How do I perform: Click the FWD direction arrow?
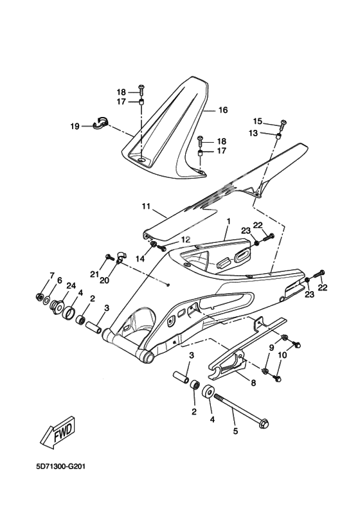[59, 432]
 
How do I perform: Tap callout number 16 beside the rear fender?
[222, 110]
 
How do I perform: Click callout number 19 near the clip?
[75, 126]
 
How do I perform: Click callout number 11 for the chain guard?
[146, 206]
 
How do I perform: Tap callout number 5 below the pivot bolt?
[235, 431]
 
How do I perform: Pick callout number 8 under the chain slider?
[253, 383]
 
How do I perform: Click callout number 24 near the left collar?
[71, 285]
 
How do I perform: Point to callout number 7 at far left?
[51, 276]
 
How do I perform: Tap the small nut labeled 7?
[39, 296]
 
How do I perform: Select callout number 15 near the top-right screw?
[257, 121]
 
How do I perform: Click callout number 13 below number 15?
[253, 133]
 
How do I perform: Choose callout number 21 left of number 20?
[94, 274]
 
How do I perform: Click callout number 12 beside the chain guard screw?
[185, 240]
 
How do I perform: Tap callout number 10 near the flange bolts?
[282, 355]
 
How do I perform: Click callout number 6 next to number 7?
[59, 280]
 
